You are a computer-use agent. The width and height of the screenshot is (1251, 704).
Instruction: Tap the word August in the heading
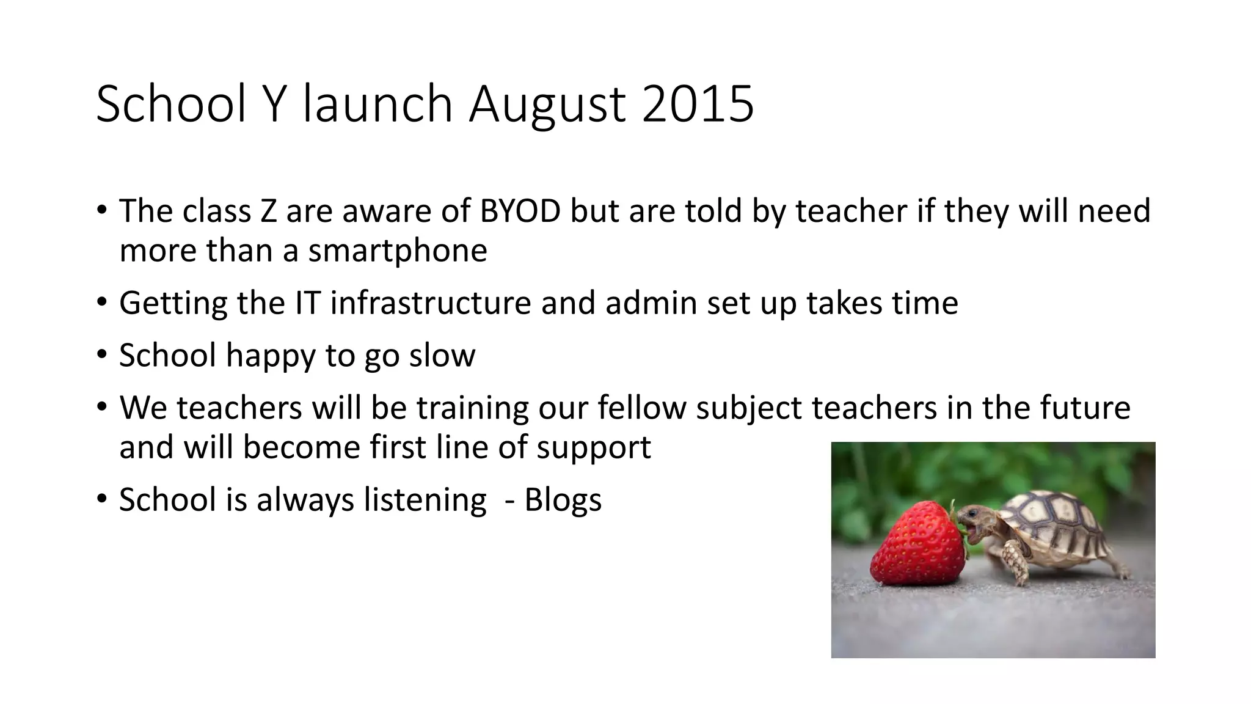tap(547, 105)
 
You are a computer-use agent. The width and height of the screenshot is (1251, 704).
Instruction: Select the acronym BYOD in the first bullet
tap(520, 211)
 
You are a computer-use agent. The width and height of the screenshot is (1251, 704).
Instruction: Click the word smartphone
tap(397, 251)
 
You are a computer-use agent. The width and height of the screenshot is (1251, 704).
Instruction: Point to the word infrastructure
tap(431, 303)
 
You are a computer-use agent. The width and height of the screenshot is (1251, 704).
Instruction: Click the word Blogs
tap(563, 500)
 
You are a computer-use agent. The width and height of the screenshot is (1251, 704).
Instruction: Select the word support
tap(594, 448)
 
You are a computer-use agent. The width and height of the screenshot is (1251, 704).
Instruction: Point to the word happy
tap(270, 356)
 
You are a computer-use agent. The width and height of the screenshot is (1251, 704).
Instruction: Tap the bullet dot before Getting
tap(102, 302)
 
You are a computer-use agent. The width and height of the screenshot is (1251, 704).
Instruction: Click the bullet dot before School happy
tap(102, 354)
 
